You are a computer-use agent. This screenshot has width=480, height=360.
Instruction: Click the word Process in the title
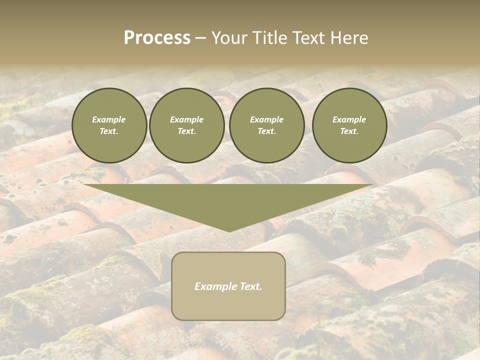pos(157,38)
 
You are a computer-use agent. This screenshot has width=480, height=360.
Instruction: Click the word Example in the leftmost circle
pos(109,119)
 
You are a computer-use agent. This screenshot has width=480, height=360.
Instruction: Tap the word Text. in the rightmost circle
pos(349,131)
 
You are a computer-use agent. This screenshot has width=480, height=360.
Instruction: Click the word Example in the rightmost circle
pos(349,119)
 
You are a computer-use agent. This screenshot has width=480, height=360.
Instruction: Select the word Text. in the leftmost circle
pos(109,131)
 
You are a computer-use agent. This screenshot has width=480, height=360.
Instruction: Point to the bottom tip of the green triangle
pos(228,230)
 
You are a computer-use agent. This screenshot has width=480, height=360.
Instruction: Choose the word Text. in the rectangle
pos(251,286)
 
